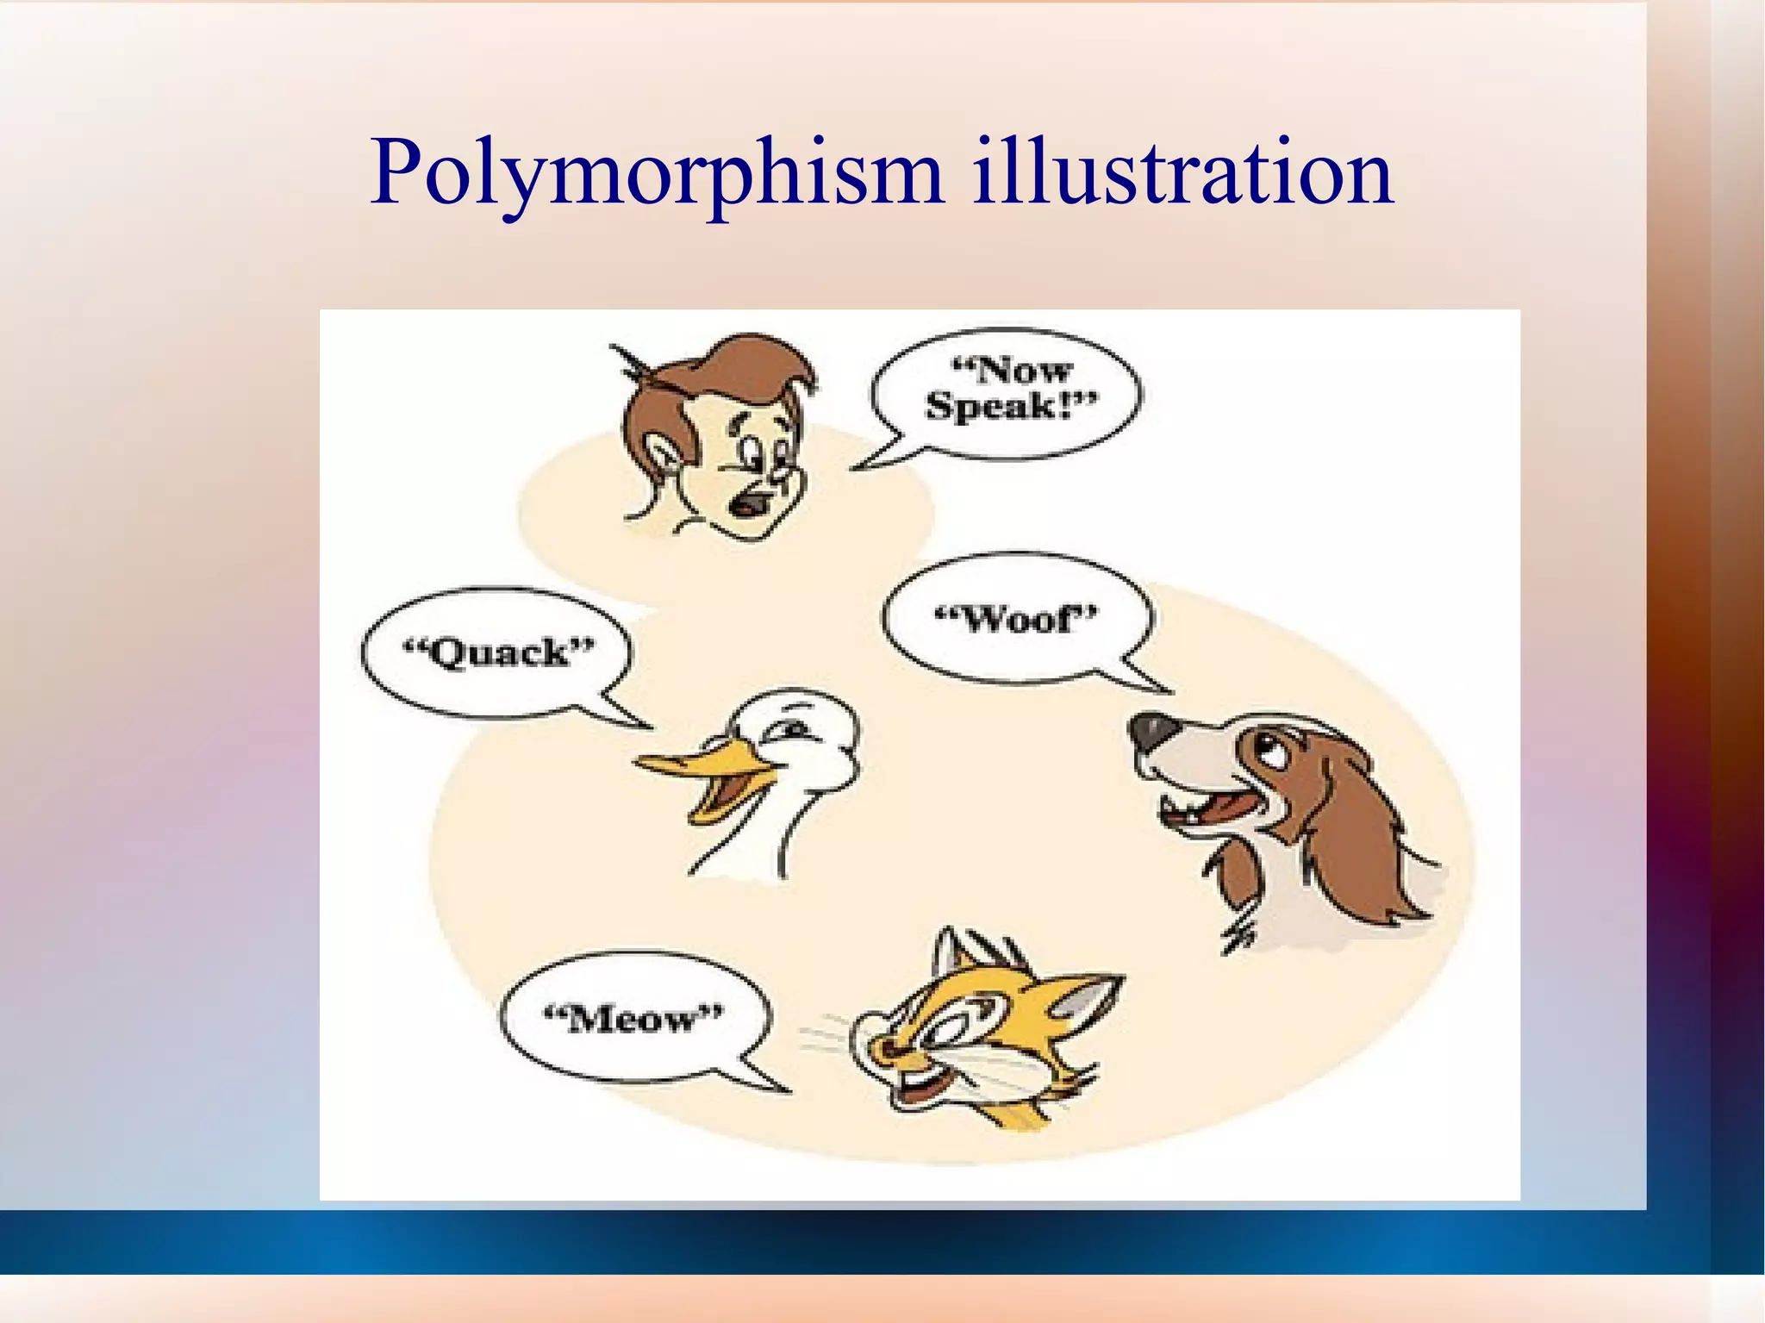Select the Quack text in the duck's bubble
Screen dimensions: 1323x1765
pos(499,652)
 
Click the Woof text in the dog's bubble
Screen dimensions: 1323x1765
pos(1017,618)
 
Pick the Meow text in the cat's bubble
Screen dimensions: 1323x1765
pos(633,1020)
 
